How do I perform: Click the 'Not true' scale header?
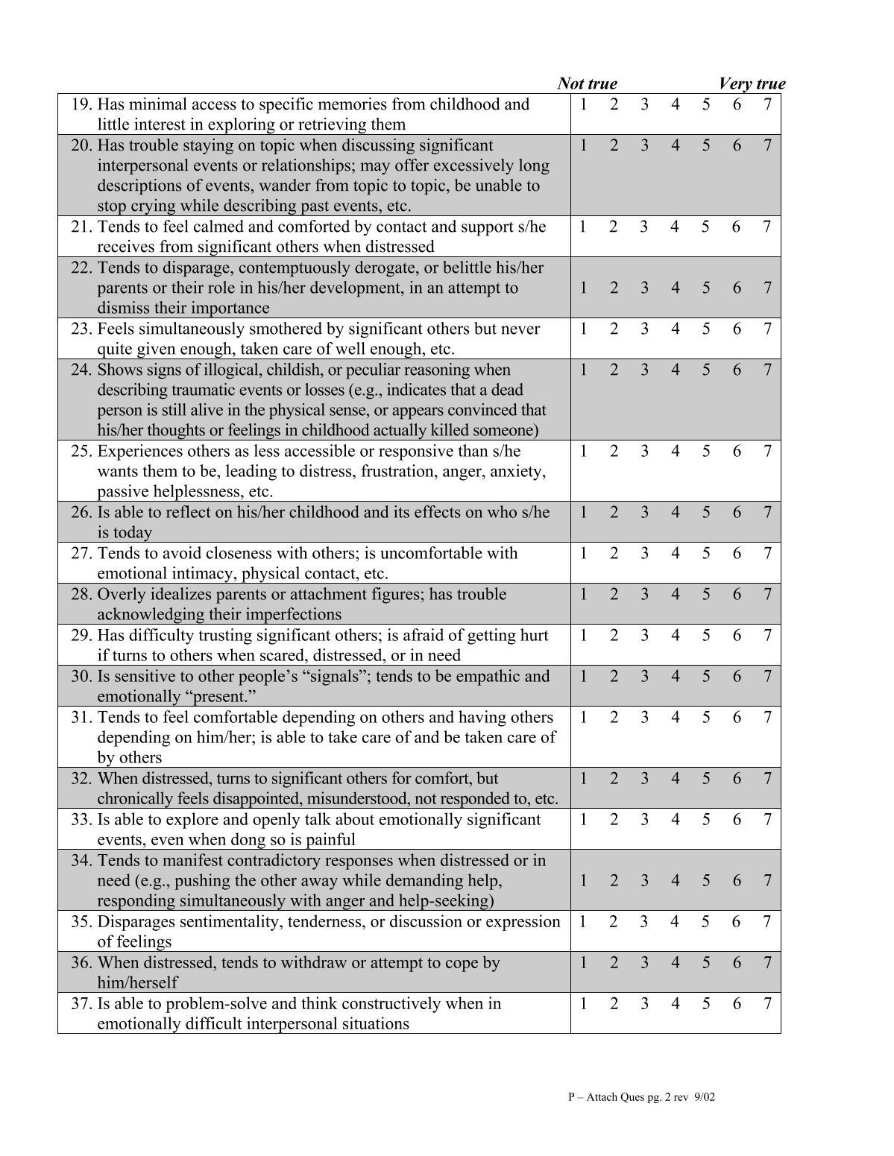tap(587, 83)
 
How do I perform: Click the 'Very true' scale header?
tap(752, 83)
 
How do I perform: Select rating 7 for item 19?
tap(766, 104)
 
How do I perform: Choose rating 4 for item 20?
tap(675, 145)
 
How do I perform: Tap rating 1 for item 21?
tap(583, 227)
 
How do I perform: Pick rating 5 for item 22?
tap(705, 288)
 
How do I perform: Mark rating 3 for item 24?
tap(644, 370)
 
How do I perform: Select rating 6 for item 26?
tap(736, 512)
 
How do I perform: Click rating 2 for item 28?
tap(614, 594)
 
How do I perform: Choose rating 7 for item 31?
tap(766, 717)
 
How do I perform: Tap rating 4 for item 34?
tap(675, 880)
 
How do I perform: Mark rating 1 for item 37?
tap(583, 1003)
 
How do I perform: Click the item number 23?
tap(81, 329)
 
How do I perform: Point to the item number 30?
tap(81, 676)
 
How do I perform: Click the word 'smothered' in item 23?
tap(286, 329)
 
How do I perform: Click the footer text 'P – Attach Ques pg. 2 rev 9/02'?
tap(641, 1096)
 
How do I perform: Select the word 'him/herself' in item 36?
tap(138, 982)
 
